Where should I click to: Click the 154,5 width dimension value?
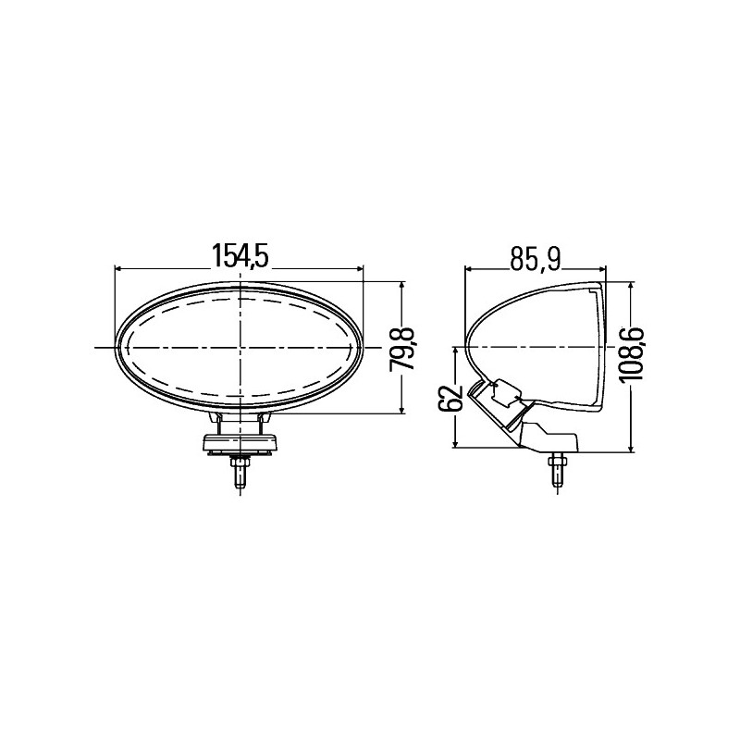coord(240,256)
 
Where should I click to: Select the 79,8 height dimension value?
coord(401,349)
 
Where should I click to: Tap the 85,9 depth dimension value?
coord(535,259)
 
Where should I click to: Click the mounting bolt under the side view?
coord(558,470)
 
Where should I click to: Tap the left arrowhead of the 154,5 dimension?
coord(119,268)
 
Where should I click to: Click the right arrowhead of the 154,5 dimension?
coord(360,268)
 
